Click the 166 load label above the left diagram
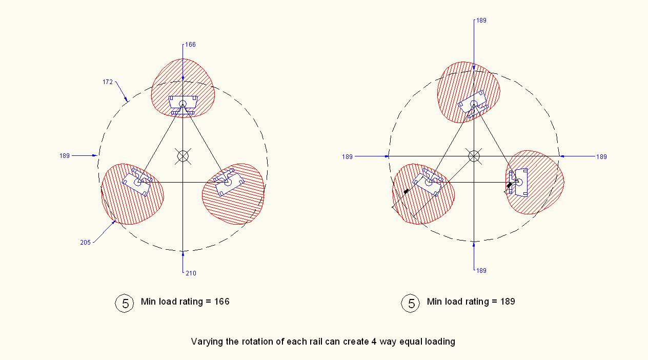[x=190, y=45]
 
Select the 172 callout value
[x=108, y=82]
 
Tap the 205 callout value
[x=85, y=243]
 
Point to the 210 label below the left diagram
[x=191, y=273]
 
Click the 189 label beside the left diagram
[x=65, y=156]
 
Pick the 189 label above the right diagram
[x=481, y=21]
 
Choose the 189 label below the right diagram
[x=481, y=271]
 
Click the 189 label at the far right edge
[x=601, y=156]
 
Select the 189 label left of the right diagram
[x=347, y=157]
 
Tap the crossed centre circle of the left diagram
[x=183, y=156]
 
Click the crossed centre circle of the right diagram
[x=474, y=156]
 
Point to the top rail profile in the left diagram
[x=183, y=105]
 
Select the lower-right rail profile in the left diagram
[x=229, y=183]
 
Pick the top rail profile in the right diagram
[x=474, y=104]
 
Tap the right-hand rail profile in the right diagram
[x=518, y=183]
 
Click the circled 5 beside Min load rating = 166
[x=125, y=303]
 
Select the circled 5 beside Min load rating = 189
[x=410, y=303]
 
